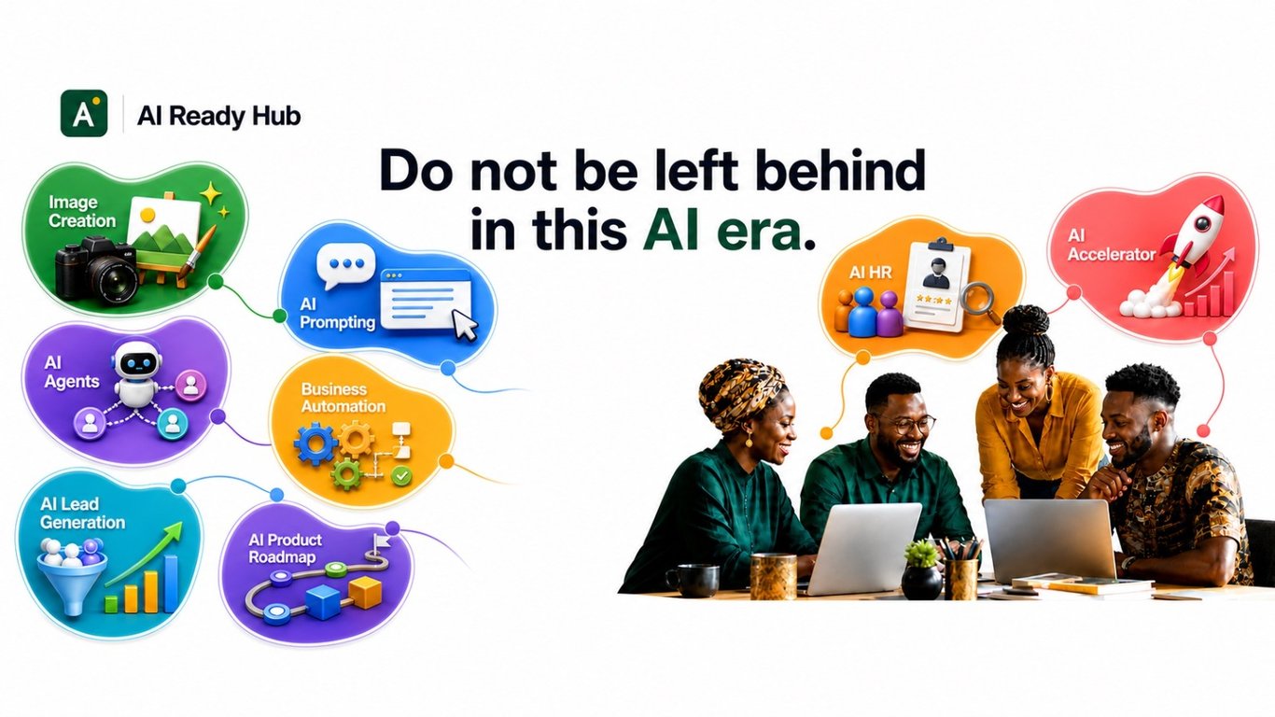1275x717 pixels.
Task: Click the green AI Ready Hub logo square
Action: click(84, 113)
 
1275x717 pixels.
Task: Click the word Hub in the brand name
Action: click(276, 116)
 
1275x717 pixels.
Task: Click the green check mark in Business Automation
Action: click(402, 475)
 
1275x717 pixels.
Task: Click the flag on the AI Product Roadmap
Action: click(380, 541)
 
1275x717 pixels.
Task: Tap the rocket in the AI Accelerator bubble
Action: click(1193, 237)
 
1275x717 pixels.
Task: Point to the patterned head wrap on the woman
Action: click(738, 391)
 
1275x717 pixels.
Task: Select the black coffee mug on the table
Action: click(693, 581)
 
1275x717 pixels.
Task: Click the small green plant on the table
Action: click(920, 553)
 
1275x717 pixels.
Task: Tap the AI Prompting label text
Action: click(337, 314)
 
